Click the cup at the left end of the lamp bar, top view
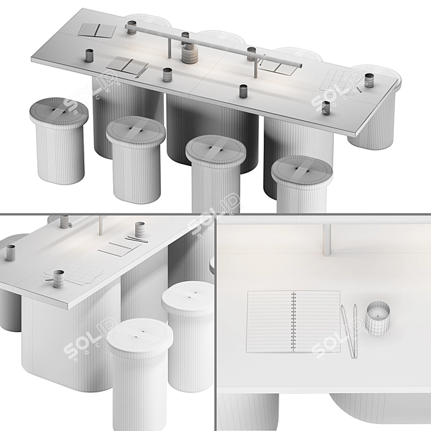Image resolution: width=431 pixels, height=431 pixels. [131, 28]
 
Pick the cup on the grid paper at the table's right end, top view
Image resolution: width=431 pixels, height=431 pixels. [370, 80]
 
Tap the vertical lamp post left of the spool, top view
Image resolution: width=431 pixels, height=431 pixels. [170, 47]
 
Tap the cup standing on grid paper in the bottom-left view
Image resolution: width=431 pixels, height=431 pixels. [59, 279]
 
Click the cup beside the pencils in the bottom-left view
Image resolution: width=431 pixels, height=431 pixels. [140, 229]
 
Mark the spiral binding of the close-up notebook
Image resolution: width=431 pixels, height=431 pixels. [294, 322]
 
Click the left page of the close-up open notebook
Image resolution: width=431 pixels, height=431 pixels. [270, 322]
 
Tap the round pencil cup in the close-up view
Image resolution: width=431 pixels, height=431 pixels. [377, 318]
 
